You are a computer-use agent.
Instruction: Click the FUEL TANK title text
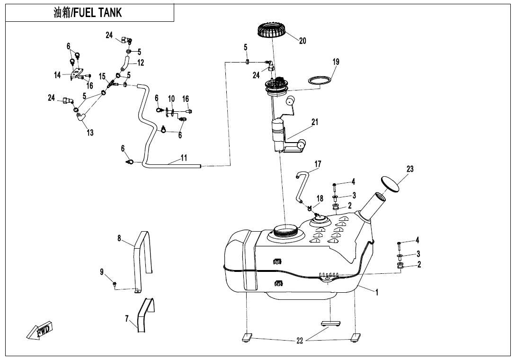point(88,13)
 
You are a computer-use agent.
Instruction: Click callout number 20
point(302,41)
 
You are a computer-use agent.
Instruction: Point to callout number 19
point(336,62)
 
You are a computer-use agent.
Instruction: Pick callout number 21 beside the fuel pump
point(315,122)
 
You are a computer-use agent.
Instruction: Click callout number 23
point(410,169)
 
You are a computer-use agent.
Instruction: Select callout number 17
point(318,164)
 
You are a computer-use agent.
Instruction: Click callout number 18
point(320,198)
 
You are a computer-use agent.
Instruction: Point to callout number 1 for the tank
point(377,292)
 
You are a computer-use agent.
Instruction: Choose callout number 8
point(119,238)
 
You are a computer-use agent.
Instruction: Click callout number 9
point(102,271)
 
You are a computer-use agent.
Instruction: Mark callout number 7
point(126,319)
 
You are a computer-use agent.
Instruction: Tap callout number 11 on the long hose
point(184,158)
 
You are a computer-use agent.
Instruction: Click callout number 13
point(90,133)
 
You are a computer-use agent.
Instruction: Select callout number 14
point(57,75)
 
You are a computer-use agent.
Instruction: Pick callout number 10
point(171,99)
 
